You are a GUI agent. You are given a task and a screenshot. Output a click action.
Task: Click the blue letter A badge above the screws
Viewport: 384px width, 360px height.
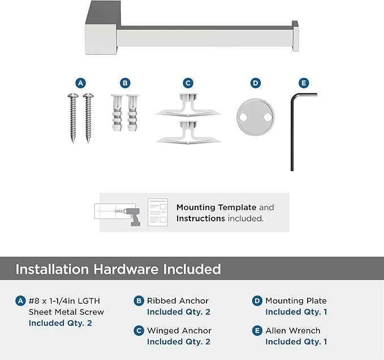click(80, 83)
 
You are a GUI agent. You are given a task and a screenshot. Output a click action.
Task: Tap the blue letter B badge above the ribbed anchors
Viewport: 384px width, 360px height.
click(125, 83)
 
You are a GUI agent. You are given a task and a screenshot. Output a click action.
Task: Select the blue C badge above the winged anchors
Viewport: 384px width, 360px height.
click(188, 83)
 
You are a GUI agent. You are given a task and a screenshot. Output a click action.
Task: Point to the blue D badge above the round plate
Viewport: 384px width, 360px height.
click(256, 83)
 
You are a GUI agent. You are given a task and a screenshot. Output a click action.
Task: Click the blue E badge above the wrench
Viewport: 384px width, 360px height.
click(304, 83)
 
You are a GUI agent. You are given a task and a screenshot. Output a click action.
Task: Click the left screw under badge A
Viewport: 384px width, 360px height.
click(73, 118)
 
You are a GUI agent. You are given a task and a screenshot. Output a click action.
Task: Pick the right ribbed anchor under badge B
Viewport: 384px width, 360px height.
click(132, 113)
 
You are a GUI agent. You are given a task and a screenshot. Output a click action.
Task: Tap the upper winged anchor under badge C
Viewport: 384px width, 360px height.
click(188, 105)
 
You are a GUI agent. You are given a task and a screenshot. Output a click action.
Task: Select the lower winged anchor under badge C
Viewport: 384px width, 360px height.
click(188, 132)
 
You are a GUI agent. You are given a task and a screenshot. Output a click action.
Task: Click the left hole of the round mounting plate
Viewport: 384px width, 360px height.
click(243, 117)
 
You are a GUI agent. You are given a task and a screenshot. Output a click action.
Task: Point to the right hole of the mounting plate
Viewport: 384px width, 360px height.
click(268, 117)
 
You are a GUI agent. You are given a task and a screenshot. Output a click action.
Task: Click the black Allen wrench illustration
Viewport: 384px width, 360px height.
click(292, 132)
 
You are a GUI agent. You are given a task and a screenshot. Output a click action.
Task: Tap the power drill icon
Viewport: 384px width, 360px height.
click(132, 216)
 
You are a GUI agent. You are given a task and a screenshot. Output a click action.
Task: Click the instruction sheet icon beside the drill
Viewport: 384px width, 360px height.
click(158, 212)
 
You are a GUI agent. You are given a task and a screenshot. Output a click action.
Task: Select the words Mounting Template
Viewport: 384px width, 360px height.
click(216, 207)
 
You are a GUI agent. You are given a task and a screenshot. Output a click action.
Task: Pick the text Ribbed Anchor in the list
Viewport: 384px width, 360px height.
click(178, 301)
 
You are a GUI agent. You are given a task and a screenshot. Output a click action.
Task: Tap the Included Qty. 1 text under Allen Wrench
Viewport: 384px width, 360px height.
click(296, 342)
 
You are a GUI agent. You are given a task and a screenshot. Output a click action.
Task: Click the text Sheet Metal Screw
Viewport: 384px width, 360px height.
click(66, 312)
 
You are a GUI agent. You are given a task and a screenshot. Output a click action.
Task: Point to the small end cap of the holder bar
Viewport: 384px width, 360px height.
click(295, 36)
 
